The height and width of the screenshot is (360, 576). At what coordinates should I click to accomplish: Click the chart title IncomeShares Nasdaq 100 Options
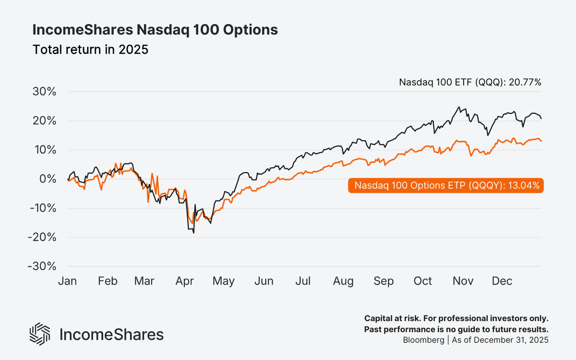[x=155, y=30]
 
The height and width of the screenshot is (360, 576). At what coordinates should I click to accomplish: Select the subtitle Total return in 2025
[x=90, y=49]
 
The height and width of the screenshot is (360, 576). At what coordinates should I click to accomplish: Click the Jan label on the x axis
[x=68, y=281]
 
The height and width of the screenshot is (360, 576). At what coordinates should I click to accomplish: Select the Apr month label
[x=185, y=281]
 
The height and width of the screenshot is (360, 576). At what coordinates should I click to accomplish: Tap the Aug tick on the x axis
[x=343, y=281]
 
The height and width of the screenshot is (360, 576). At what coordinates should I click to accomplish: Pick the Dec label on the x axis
[x=502, y=281]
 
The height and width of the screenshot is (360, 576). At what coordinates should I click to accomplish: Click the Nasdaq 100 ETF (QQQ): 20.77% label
[x=470, y=82]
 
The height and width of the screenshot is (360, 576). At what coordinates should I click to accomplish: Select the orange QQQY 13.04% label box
[x=446, y=186]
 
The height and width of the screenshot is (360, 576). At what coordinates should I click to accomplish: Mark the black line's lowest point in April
[x=193, y=233]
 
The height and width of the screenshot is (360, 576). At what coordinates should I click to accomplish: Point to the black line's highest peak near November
[x=459, y=107]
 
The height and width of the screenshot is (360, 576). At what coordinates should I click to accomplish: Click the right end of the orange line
[x=541, y=141]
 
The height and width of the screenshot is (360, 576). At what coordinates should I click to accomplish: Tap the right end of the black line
[x=541, y=119]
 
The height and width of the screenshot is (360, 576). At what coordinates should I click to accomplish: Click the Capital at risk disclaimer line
[x=456, y=319]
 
